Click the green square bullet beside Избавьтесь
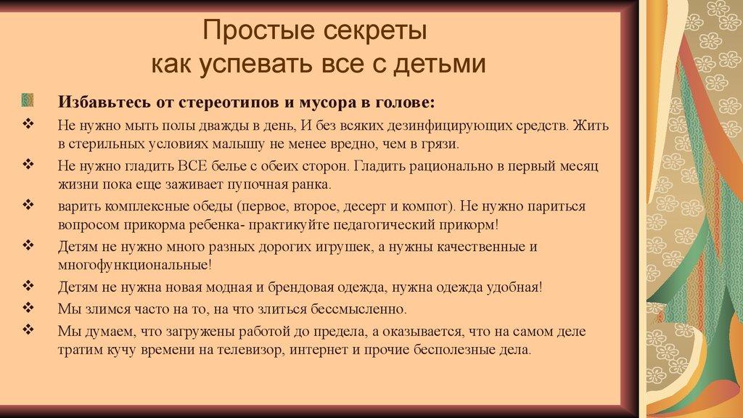pos(28,100)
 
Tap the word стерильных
pos(106,144)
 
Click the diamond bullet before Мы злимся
pos(28,307)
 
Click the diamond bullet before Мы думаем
pos(28,329)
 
